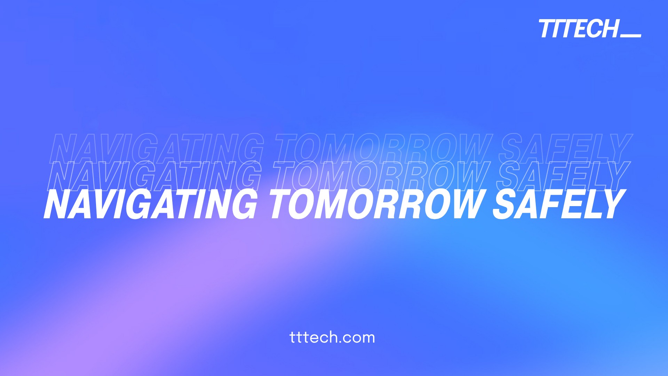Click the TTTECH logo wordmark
579,29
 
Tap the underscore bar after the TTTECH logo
631,35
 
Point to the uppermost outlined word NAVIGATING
157,149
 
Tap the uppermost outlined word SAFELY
565,149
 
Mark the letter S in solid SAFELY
507,204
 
